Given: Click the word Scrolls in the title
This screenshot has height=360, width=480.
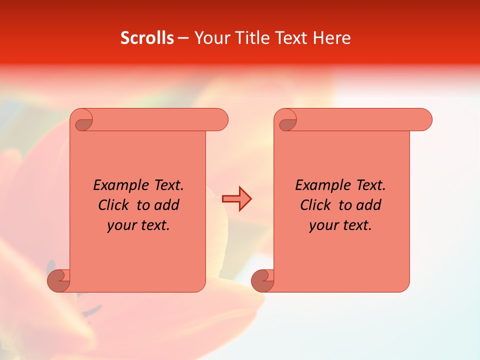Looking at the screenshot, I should pyautogui.click(x=147, y=38).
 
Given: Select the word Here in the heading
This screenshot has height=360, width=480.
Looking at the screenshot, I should pyautogui.click(x=331, y=38).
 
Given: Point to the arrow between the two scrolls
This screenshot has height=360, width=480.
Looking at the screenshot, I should pyautogui.click(x=236, y=199).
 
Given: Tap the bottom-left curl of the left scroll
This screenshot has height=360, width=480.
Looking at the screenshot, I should pyautogui.click(x=58, y=280).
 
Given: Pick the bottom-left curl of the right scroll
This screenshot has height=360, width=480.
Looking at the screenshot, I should pyautogui.click(x=262, y=280).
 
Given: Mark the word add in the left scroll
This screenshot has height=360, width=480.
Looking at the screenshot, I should pyautogui.click(x=167, y=205).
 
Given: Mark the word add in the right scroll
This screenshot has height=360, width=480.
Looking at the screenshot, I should pyautogui.click(x=369, y=205).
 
